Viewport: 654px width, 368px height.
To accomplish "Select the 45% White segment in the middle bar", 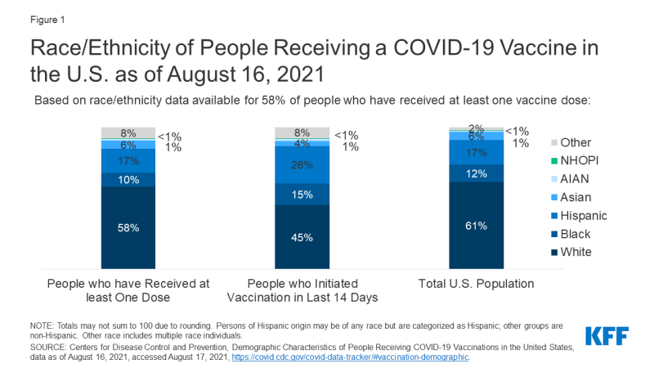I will tap(302, 238).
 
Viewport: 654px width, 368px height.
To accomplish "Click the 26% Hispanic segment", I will tap(302, 164).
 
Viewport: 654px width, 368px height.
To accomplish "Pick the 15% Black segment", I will tap(302, 195).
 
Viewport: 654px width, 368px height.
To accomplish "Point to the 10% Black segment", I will tap(128, 180).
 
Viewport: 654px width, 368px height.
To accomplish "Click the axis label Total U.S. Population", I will tap(476, 284).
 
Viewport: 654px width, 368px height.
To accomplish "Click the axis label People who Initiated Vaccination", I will tap(302, 291).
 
